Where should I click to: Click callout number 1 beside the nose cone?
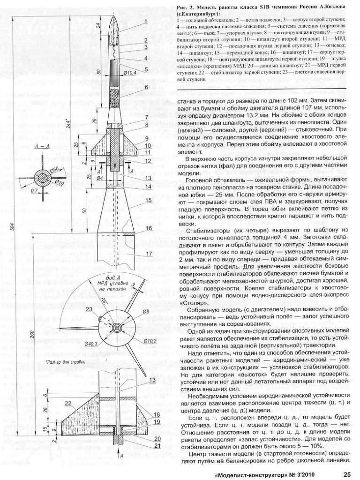click(x=146, y=22)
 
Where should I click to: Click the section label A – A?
click(x=43, y=147)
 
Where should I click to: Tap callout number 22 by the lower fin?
click(x=68, y=403)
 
